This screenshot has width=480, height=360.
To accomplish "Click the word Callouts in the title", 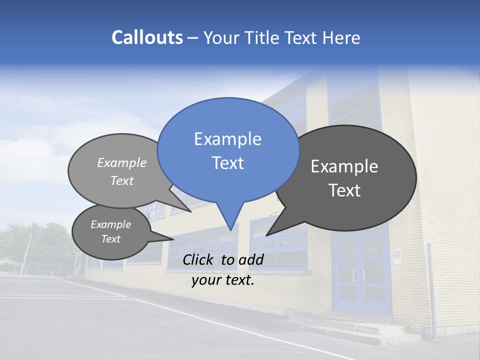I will (x=147, y=37).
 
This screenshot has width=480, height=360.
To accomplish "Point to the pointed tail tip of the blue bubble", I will (x=230, y=229).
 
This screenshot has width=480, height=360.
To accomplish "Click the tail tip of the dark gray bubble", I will (x=267, y=235).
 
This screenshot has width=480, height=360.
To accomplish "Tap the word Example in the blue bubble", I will (x=227, y=139).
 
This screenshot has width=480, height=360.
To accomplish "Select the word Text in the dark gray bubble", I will (x=344, y=190).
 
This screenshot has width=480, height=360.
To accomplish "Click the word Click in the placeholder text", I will (x=199, y=259).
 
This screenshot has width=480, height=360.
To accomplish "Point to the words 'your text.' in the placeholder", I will (x=223, y=280).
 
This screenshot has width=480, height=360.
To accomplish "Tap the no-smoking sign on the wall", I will (x=397, y=255).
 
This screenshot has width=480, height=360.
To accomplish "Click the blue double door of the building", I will (x=361, y=275).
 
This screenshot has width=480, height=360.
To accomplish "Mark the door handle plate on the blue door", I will (x=358, y=275).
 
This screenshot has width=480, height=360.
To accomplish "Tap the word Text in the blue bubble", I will (x=227, y=163).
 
